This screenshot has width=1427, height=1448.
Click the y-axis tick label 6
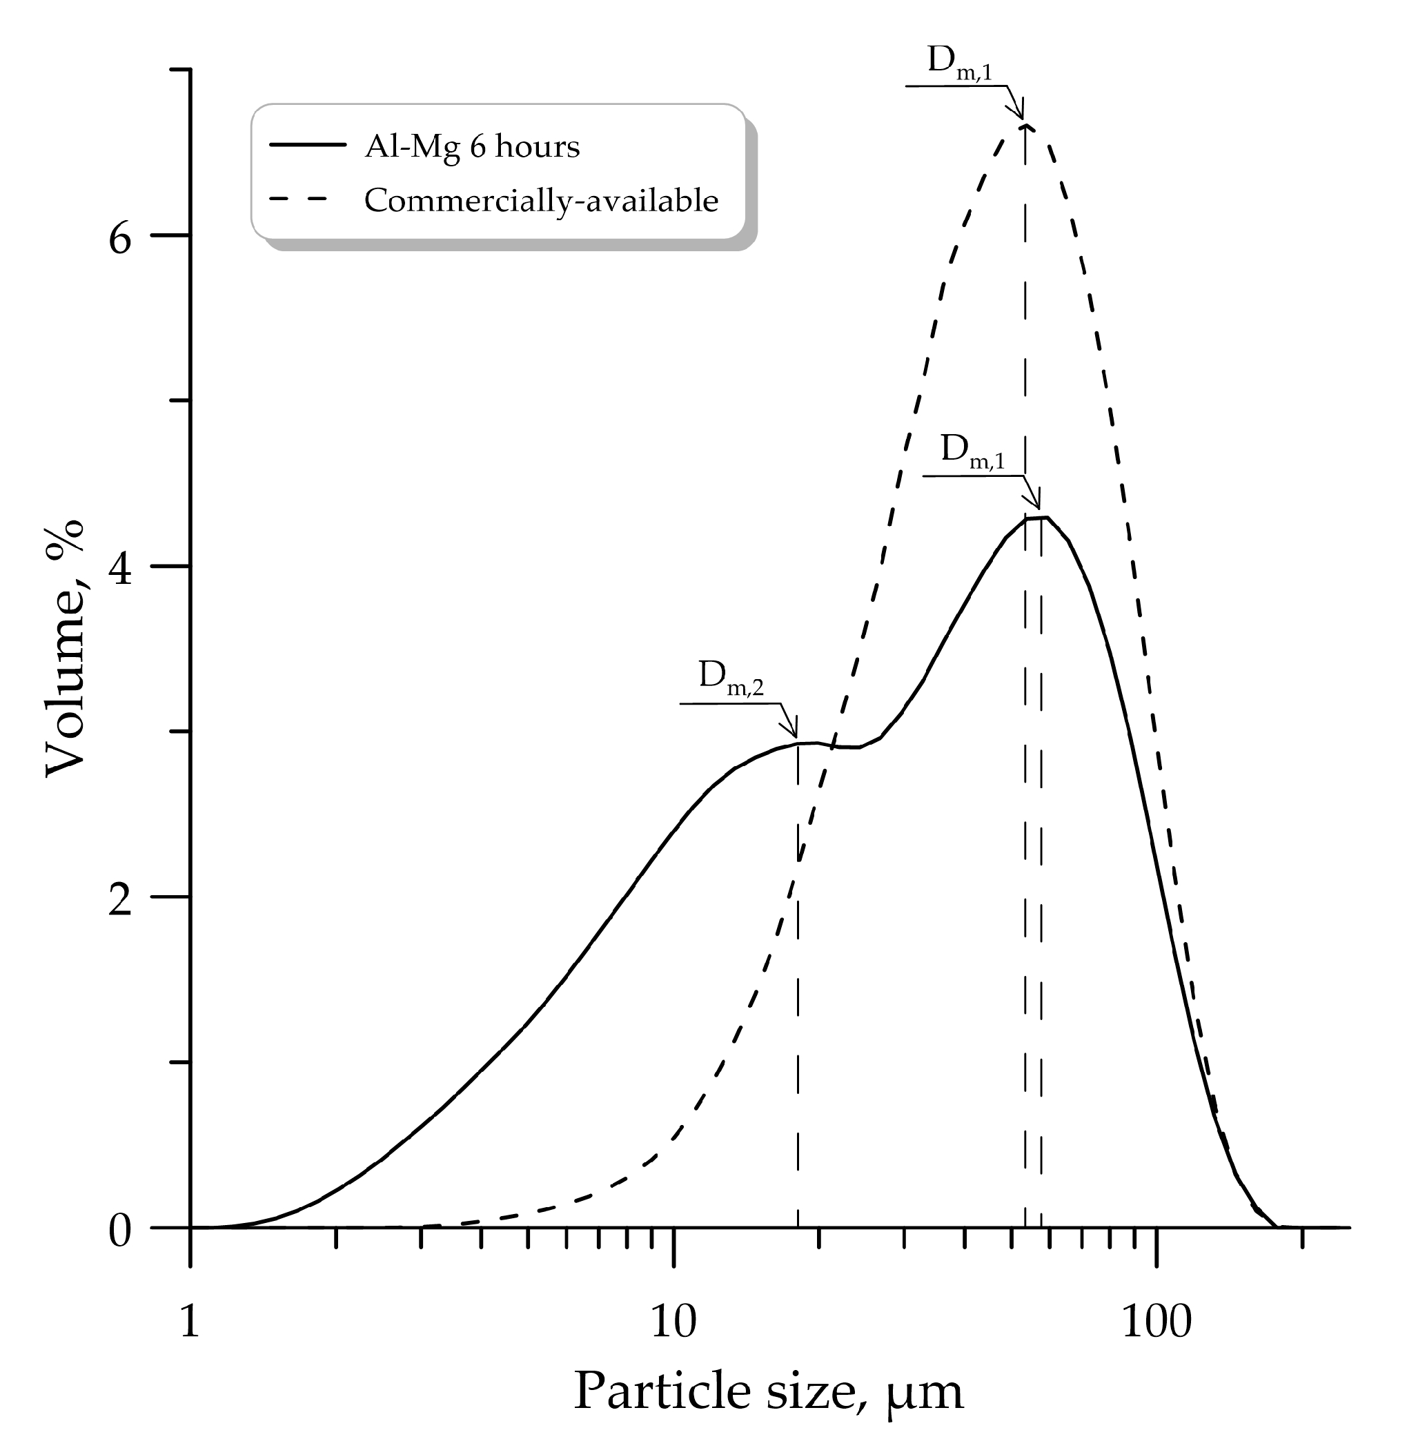(x=120, y=241)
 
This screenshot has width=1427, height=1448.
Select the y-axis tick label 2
(x=120, y=901)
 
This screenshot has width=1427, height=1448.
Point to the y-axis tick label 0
(x=120, y=1231)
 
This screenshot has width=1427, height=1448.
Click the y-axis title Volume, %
(x=66, y=648)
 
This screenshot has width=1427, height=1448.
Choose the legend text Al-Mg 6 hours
(x=472, y=146)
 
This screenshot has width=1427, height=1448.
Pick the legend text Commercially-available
(x=541, y=200)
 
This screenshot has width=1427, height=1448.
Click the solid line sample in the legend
(x=307, y=145)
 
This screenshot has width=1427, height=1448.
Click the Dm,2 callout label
(x=731, y=678)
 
